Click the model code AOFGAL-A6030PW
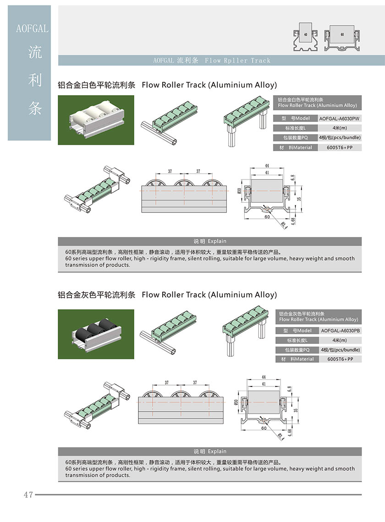[340, 119]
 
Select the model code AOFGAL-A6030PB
[340, 331]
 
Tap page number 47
[28, 495]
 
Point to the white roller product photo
[96, 120]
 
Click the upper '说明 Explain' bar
[210, 241]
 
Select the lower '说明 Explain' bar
[210, 451]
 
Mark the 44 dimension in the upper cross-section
[267, 166]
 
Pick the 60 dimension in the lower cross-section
[264, 429]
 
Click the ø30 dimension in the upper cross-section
[240, 190]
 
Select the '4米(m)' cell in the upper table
[340, 128]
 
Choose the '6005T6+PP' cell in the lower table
[340, 359]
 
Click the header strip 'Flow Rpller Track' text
[238, 60]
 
